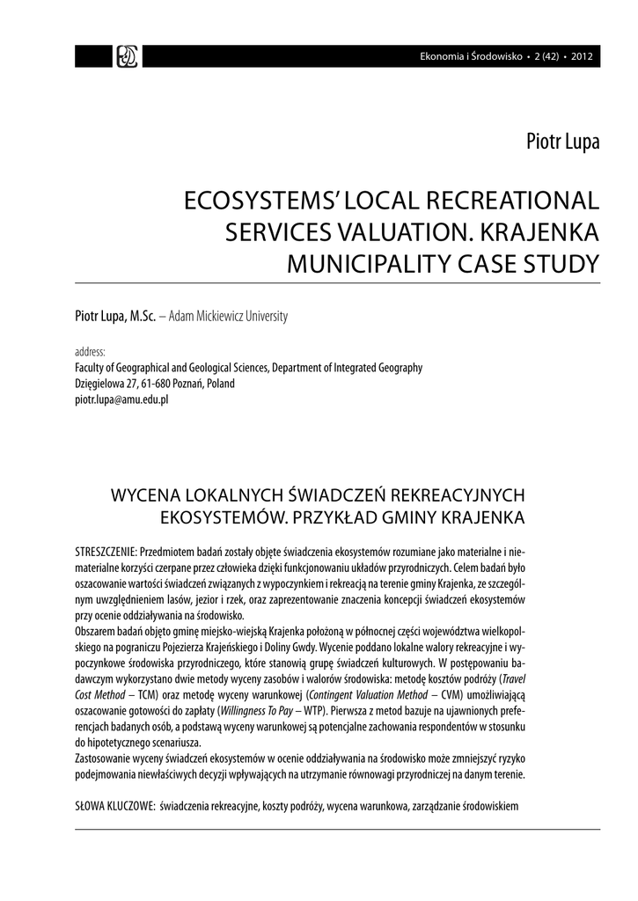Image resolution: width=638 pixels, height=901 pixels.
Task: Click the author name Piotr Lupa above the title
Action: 561,140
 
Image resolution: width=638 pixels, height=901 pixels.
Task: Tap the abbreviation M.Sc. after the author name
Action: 143,316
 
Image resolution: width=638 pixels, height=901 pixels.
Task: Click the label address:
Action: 90,352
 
